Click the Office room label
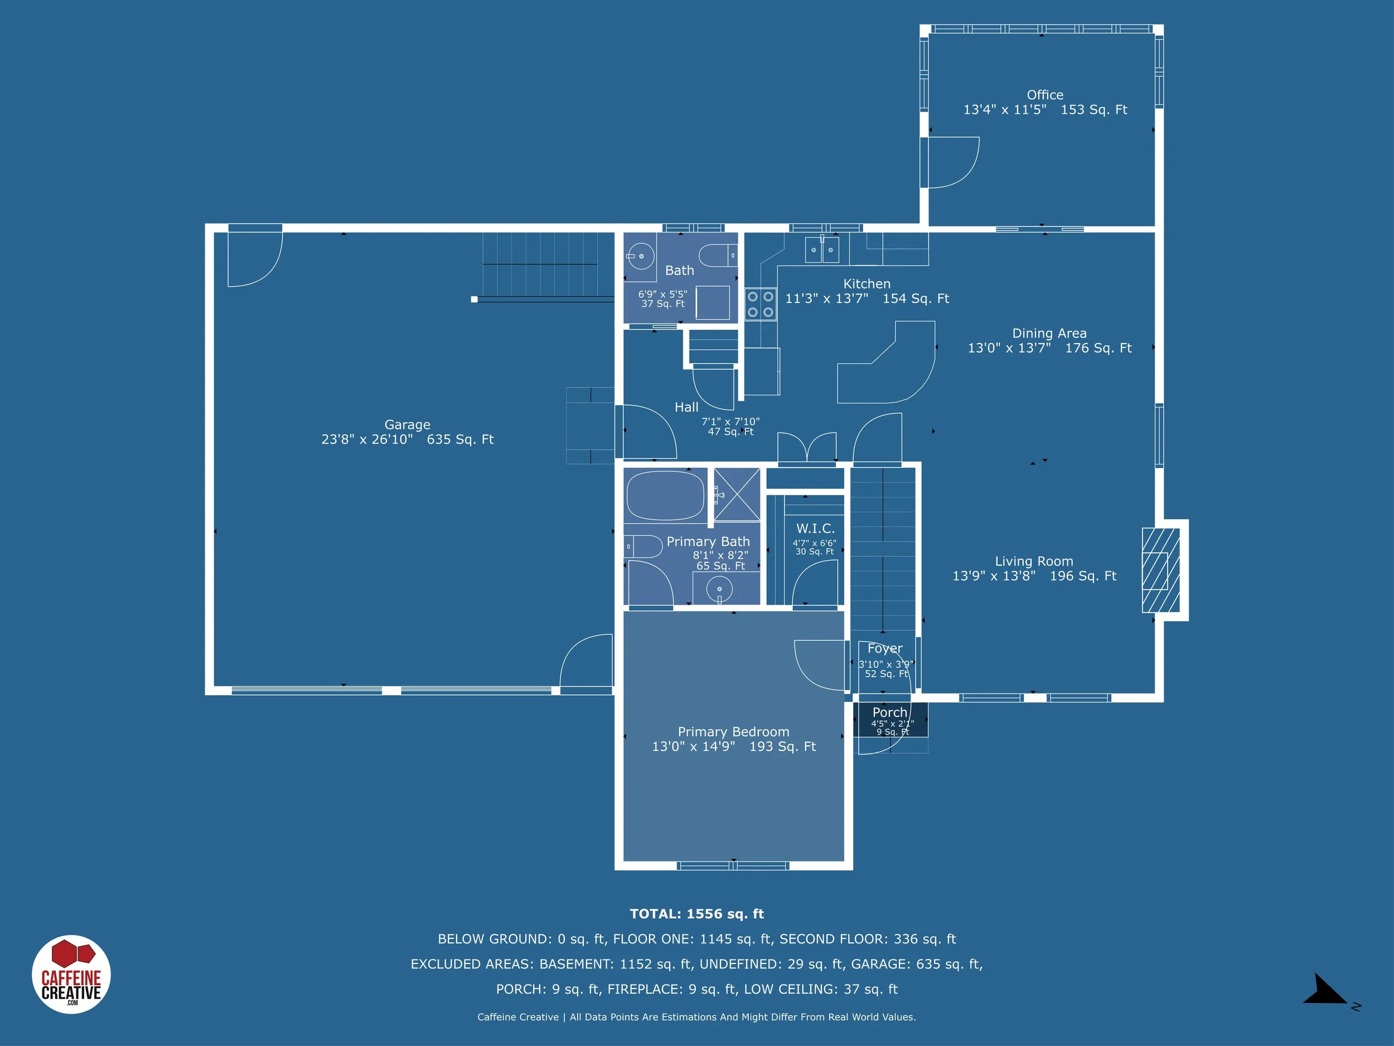pyautogui.click(x=1044, y=95)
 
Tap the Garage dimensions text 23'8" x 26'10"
pyautogui.click(x=367, y=440)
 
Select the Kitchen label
pyautogui.click(x=867, y=284)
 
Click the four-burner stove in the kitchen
pyautogui.click(x=760, y=304)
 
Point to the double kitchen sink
pyautogui.click(x=822, y=250)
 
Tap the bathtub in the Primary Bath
pyautogui.click(x=665, y=495)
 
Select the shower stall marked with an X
pyautogui.click(x=736, y=495)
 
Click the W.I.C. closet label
pyautogui.click(x=815, y=528)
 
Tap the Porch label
pyautogui.click(x=889, y=712)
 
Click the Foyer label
pyautogui.click(x=884, y=648)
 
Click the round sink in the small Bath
pyautogui.click(x=641, y=256)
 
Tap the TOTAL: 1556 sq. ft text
pyautogui.click(x=696, y=914)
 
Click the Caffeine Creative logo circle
pyautogui.click(x=71, y=974)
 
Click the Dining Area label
pyautogui.click(x=1049, y=333)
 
